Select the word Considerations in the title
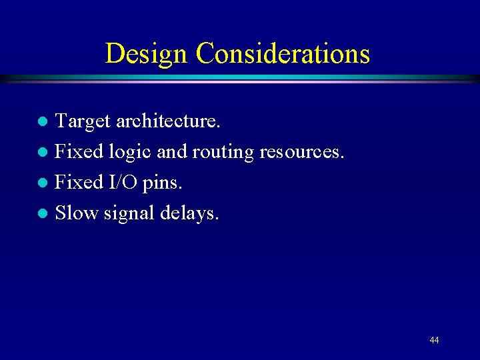click(283, 53)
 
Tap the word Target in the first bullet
click(83, 121)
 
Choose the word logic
click(131, 152)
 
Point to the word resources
click(302, 152)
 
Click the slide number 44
click(434, 340)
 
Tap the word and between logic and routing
click(172, 152)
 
